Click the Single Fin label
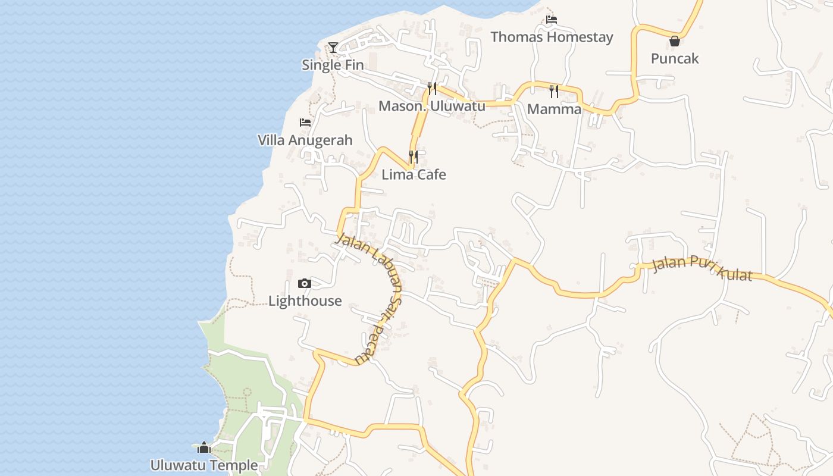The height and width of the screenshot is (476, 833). click(333, 65)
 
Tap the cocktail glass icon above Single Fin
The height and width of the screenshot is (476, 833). click(333, 48)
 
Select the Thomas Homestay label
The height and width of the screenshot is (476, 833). click(552, 37)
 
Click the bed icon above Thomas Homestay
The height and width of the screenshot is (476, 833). click(552, 20)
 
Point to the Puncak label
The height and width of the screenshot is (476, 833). click(675, 58)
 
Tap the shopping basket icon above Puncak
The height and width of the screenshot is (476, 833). click(675, 41)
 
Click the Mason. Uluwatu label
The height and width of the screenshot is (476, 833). click(432, 106)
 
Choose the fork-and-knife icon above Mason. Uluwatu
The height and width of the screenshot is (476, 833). click(432, 89)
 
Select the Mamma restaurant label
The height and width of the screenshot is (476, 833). click(554, 109)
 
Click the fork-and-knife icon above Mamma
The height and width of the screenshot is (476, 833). click(554, 91)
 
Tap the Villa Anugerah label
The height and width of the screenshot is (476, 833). click(305, 140)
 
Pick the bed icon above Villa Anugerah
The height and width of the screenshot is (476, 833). click(305, 123)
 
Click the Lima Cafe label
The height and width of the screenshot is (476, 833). click(414, 174)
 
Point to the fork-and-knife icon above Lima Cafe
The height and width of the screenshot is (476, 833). click(414, 157)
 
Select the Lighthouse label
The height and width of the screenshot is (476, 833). click(305, 300)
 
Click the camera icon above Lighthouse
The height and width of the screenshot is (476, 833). click(305, 284)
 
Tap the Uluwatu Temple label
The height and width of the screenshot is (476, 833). click(204, 465)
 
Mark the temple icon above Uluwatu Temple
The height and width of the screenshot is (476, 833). click(204, 447)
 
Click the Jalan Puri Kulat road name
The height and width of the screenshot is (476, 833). click(702, 267)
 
